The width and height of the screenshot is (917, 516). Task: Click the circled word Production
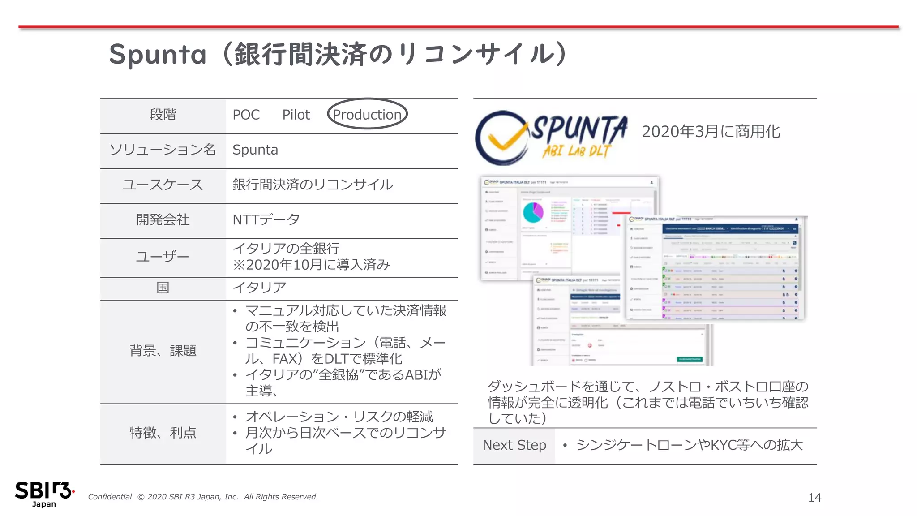point(367,115)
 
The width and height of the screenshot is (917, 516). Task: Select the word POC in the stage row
point(246,115)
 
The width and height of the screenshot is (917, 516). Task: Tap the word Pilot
point(296,115)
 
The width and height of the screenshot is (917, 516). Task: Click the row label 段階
point(163,115)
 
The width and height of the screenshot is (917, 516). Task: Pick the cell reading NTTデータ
point(266,219)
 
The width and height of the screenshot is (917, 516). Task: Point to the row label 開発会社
point(163,219)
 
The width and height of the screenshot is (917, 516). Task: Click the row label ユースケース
point(163,185)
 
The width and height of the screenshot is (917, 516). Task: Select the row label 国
point(163,288)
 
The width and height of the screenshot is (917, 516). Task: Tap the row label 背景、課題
point(163,350)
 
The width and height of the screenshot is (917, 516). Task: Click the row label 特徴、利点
point(163,433)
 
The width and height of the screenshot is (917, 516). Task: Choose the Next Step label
point(514,445)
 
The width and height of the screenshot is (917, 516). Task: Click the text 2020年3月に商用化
point(711,132)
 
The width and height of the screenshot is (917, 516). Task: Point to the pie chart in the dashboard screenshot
point(533,212)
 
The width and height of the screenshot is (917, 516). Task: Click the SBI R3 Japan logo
point(44,494)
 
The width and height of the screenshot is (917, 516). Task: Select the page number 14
point(814,498)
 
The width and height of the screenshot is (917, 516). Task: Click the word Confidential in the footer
point(110,497)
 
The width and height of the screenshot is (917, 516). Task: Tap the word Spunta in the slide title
point(158,55)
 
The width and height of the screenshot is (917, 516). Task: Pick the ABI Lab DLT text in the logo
point(576,151)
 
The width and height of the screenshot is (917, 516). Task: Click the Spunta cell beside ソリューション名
point(255,150)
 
